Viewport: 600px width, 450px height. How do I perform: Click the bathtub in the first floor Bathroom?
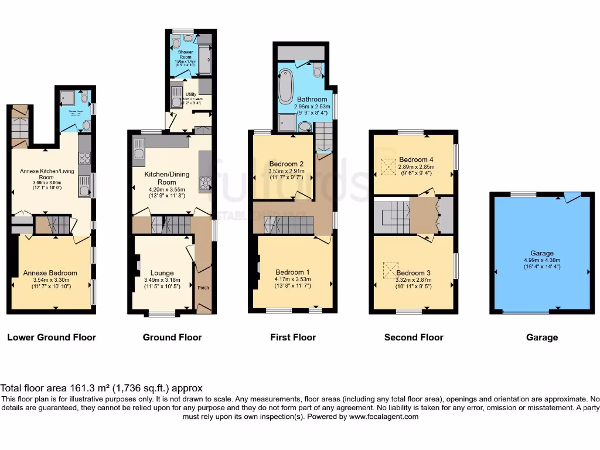(x=287, y=86)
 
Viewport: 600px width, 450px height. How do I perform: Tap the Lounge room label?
(x=162, y=272)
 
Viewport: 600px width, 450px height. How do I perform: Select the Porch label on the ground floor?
(x=203, y=287)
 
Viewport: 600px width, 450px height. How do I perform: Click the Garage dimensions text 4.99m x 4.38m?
(x=542, y=260)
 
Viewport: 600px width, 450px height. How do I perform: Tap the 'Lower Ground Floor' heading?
(x=52, y=337)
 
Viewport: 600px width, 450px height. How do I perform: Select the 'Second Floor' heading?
(x=414, y=337)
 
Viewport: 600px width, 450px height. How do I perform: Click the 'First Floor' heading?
(x=293, y=337)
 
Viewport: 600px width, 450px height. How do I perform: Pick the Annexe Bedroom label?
(x=50, y=273)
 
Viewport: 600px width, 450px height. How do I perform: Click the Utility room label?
(x=190, y=94)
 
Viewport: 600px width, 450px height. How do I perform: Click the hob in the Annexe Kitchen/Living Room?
(x=84, y=158)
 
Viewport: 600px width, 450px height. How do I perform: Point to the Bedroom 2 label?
(x=286, y=163)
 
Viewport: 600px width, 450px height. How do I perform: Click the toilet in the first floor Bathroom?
(x=317, y=71)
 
